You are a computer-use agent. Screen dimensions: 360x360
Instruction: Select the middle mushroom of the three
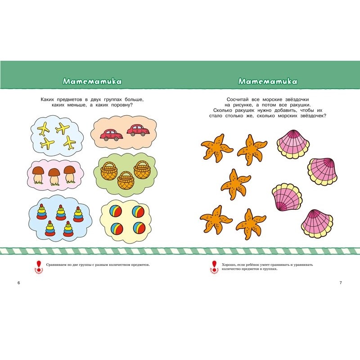point(55,175)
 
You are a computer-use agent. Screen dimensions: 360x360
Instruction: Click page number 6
point(18,283)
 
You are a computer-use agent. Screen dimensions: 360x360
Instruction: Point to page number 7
point(341,283)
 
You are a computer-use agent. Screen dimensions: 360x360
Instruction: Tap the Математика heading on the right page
point(268,81)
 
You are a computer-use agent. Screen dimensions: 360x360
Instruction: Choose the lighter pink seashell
point(286,196)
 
